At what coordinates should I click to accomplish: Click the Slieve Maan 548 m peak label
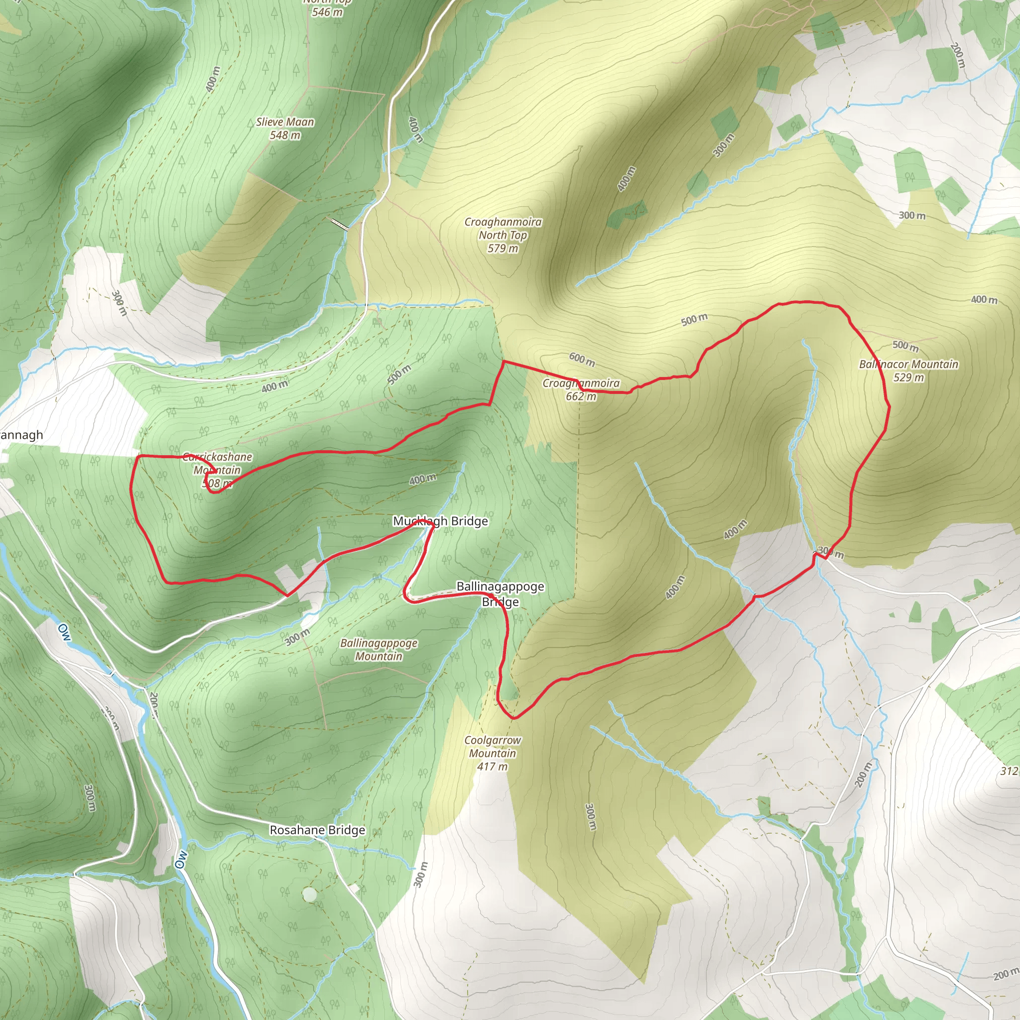[285, 128]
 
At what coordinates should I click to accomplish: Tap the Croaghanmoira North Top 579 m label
[503, 235]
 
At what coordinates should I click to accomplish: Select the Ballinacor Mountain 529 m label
[908, 371]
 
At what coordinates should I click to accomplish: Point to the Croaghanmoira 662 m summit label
[581, 389]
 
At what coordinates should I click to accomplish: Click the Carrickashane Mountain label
[217, 470]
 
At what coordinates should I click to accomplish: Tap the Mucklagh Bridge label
[440, 521]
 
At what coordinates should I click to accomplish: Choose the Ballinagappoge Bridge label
[500, 594]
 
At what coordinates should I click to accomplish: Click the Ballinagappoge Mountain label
[379, 649]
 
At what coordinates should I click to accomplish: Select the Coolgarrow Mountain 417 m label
[492, 753]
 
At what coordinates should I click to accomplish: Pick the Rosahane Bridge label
[317, 830]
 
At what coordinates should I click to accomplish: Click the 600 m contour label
[582, 359]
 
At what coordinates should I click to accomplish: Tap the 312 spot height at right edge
[1010, 771]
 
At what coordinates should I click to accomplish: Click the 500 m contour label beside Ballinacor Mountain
[905, 346]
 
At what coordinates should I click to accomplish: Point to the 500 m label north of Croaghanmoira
[694, 319]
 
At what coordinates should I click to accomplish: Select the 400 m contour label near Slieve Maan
[213, 79]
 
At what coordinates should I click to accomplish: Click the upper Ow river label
[64, 632]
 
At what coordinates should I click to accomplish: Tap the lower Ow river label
[181, 859]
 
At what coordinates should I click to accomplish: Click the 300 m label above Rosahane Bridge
[297, 637]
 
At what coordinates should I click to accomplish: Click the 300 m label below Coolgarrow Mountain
[591, 817]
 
